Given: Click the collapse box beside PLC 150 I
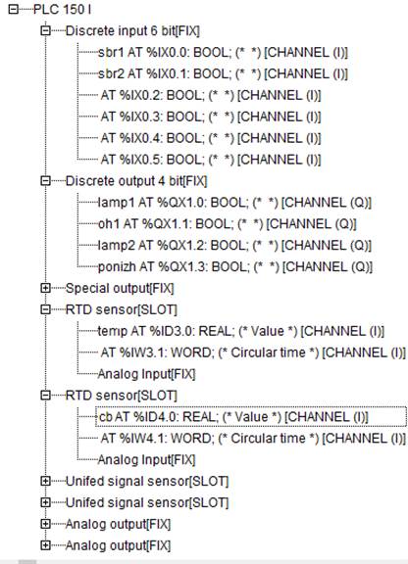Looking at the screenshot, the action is click(x=14, y=10).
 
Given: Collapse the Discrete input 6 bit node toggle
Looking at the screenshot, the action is click(x=45, y=31).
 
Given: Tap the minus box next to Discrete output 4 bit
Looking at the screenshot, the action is click(x=45, y=180).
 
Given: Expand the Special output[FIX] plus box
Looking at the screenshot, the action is click(x=45, y=288).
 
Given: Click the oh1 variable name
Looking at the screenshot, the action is click(x=109, y=224).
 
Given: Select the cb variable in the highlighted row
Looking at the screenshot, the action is click(x=106, y=417).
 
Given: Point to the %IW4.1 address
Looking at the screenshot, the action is click(x=142, y=439).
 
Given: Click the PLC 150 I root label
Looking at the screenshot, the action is click(x=62, y=10).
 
